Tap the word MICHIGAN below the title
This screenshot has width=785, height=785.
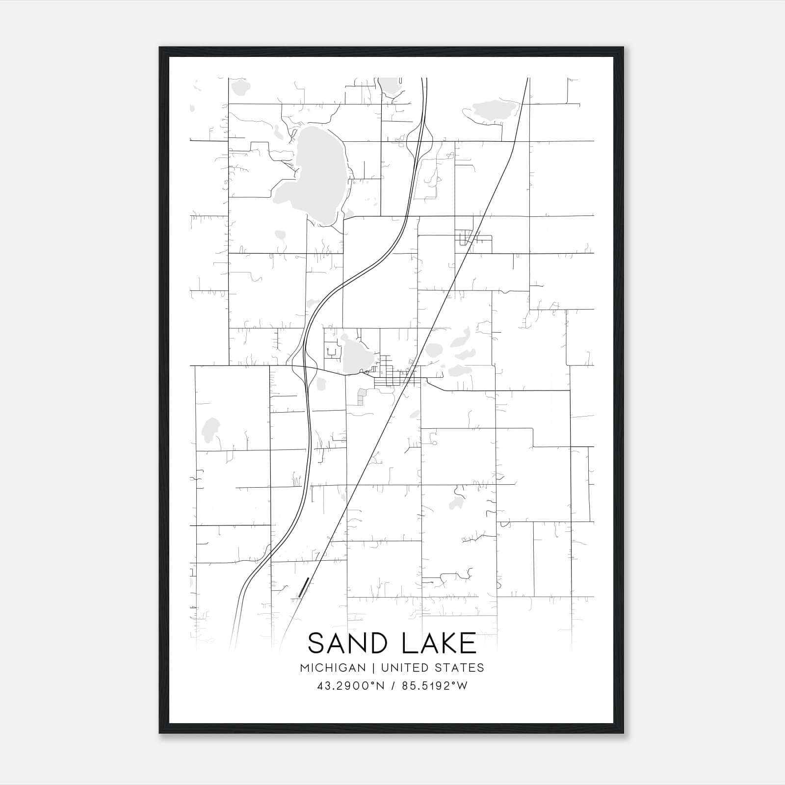[x=333, y=668]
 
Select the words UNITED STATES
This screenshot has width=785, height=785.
[x=433, y=668]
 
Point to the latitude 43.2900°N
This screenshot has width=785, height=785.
[x=350, y=686]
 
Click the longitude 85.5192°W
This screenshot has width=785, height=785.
[x=435, y=686]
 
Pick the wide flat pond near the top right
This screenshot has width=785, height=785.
[x=491, y=110]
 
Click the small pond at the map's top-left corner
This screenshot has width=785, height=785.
[x=240, y=87]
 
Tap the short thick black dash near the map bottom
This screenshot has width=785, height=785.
[x=304, y=587]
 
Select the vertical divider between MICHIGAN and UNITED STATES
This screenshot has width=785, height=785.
[x=373, y=668]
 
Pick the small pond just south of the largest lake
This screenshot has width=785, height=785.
[x=281, y=235]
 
